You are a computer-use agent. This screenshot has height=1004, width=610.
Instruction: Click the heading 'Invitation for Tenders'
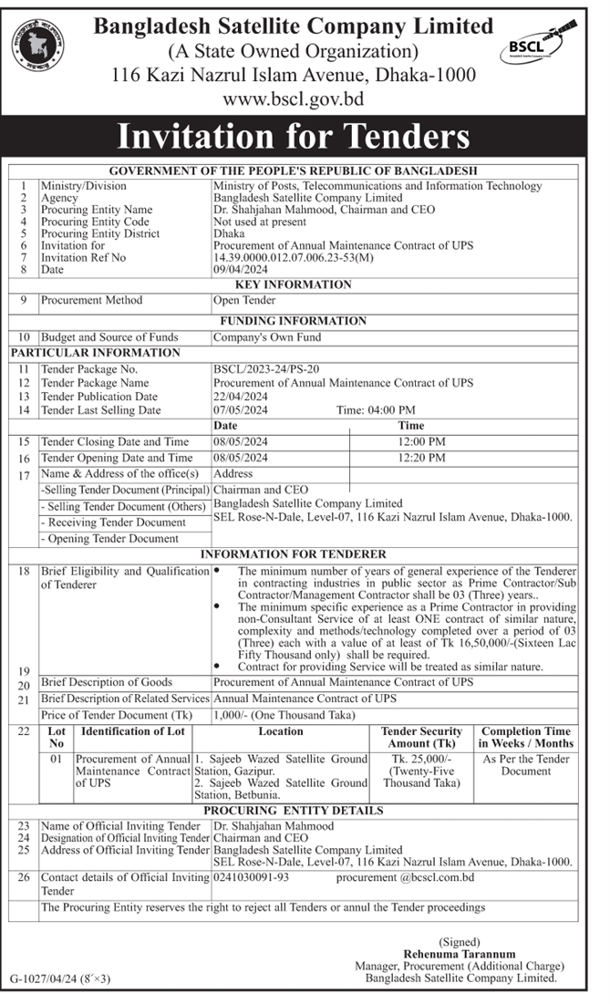[x=294, y=137]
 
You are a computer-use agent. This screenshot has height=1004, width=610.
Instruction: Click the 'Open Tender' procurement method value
[x=243, y=300]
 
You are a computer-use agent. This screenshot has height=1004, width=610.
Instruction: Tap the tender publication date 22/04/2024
[x=240, y=397]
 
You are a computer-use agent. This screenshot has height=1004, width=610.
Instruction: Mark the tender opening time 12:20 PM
[x=423, y=458]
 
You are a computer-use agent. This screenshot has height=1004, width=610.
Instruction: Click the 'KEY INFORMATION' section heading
[x=294, y=285]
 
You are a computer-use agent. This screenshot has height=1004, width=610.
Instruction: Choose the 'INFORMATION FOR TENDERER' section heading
[x=294, y=554]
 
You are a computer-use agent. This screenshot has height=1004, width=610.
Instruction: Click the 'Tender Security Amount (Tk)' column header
[x=421, y=737]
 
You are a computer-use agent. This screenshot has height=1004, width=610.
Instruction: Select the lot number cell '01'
[x=57, y=759]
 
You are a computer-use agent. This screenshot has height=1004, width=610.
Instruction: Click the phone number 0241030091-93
[x=251, y=877]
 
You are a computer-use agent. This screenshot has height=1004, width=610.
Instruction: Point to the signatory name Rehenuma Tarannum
[x=455, y=953]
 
